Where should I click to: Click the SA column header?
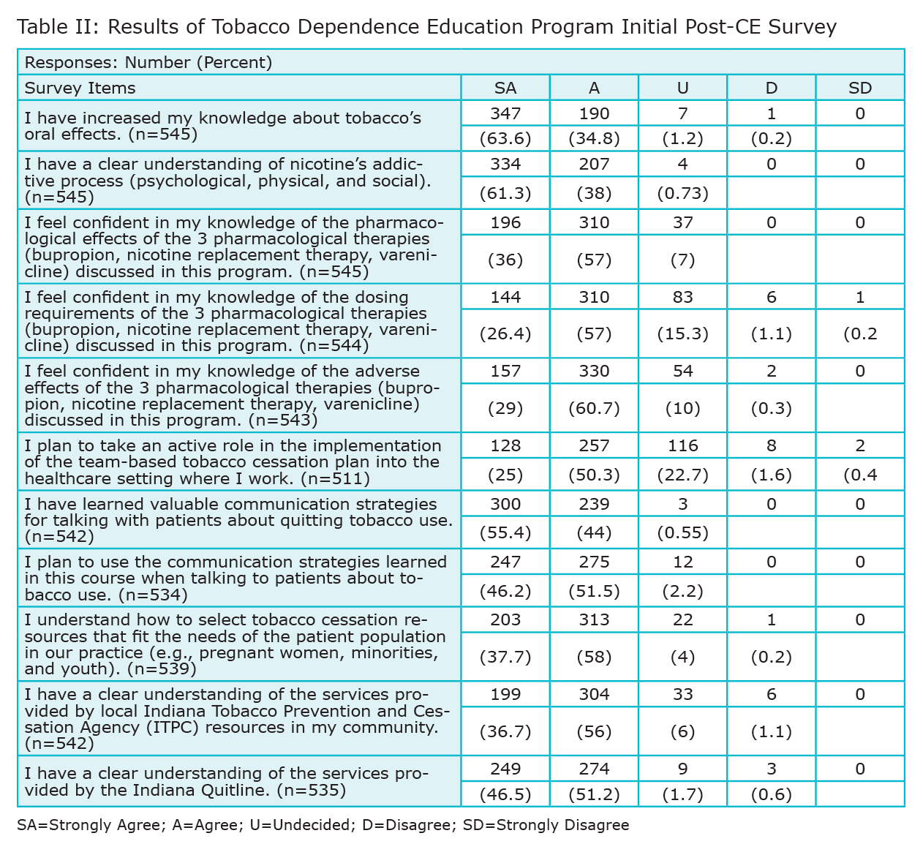coord(505,88)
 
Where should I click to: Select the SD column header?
coord(860,88)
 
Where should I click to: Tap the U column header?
coord(682,88)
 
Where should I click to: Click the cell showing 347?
coord(505,113)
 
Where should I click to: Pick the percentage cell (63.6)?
coord(505,138)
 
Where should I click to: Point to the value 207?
coord(594,164)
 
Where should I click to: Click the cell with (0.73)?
coord(682,193)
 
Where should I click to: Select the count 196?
coord(505,222)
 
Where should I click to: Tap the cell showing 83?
coord(682,297)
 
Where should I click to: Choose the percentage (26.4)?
coord(505,334)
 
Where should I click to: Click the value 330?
coord(594,371)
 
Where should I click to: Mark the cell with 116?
coord(682,445)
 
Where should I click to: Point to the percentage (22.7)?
coord(682,475)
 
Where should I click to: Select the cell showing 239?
coord(594,504)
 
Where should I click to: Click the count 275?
coord(594,562)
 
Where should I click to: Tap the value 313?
coord(594,619)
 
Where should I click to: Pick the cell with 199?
coord(505,694)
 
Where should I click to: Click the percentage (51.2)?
coord(594,794)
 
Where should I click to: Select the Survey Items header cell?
coord(80,88)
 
